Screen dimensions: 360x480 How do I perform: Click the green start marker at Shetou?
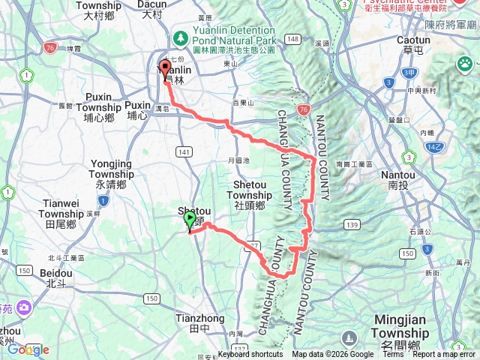tap(190, 220)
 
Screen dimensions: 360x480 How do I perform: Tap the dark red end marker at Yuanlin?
tap(164, 68)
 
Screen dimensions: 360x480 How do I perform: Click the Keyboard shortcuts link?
tap(250, 355)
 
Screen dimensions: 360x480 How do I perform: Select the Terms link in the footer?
tap(393, 355)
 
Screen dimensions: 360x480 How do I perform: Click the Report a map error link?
tap(444, 355)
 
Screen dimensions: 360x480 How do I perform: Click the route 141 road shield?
tap(184, 152)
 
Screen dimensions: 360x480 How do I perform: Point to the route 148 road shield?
tap(292, 39)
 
